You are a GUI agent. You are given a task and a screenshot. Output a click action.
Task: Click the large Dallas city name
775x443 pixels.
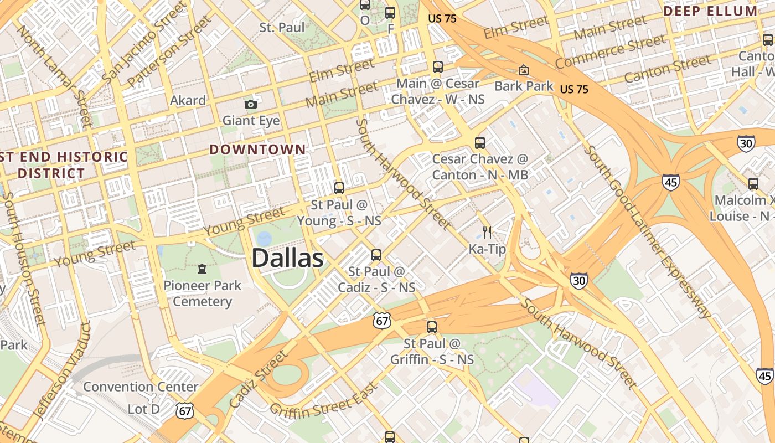coord(287,258)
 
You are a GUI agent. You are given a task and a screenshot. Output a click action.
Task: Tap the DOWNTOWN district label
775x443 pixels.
coord(257,150)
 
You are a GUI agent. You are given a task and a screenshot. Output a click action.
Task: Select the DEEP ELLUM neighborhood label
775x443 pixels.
coord(710,11)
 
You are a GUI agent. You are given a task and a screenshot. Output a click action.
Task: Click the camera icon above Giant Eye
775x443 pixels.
coord(251,104)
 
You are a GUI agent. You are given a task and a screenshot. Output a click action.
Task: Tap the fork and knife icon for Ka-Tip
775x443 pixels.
coord(487,232)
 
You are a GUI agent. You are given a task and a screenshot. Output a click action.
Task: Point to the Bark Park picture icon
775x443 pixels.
coord(523,70)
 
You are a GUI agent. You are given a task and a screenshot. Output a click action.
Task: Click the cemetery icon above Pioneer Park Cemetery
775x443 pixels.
coord(202,269)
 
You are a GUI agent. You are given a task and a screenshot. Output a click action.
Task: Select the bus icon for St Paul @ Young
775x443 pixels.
coord(339,188)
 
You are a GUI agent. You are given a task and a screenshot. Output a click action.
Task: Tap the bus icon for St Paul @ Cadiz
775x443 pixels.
coord(376,255)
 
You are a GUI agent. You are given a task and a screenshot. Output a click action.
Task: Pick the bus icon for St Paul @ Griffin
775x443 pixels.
coord(432,327)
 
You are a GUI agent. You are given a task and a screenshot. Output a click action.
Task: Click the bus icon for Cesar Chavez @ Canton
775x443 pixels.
coord(480,142)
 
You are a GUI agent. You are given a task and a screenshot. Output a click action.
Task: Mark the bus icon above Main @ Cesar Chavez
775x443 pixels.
coord(438,67)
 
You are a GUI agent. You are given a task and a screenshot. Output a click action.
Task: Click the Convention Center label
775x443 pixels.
coord(141,387)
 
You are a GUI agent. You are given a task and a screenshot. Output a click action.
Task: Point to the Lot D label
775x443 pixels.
coord(144,409)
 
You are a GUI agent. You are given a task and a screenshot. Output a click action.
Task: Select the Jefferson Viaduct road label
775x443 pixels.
coord(61,371)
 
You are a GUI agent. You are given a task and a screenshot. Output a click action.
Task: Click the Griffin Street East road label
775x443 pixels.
coord(324,400)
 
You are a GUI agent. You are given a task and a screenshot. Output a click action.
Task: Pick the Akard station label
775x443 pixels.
coord(188,100)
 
